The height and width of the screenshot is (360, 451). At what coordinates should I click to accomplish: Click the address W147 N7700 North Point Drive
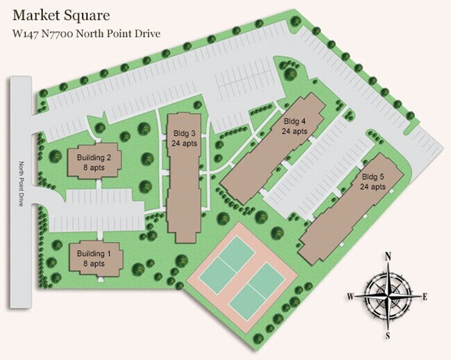pos(87,33)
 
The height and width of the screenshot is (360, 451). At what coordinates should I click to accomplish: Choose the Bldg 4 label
pos(295,121)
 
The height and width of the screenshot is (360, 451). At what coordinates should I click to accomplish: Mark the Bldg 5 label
pos(373,177)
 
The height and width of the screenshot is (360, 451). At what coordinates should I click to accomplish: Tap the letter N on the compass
pos(389,256)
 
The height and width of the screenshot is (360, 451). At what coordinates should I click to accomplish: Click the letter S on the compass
pos(389,335)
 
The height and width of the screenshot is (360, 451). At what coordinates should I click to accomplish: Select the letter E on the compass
pos(424,296)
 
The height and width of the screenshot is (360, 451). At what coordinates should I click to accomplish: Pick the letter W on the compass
pos(351,296)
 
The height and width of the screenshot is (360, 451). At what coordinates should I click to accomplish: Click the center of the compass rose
pos(389,295)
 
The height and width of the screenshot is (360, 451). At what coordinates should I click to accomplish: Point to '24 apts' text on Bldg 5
pos(373,187)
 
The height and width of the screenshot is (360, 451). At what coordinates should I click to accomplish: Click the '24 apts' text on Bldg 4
pos(295,130)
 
